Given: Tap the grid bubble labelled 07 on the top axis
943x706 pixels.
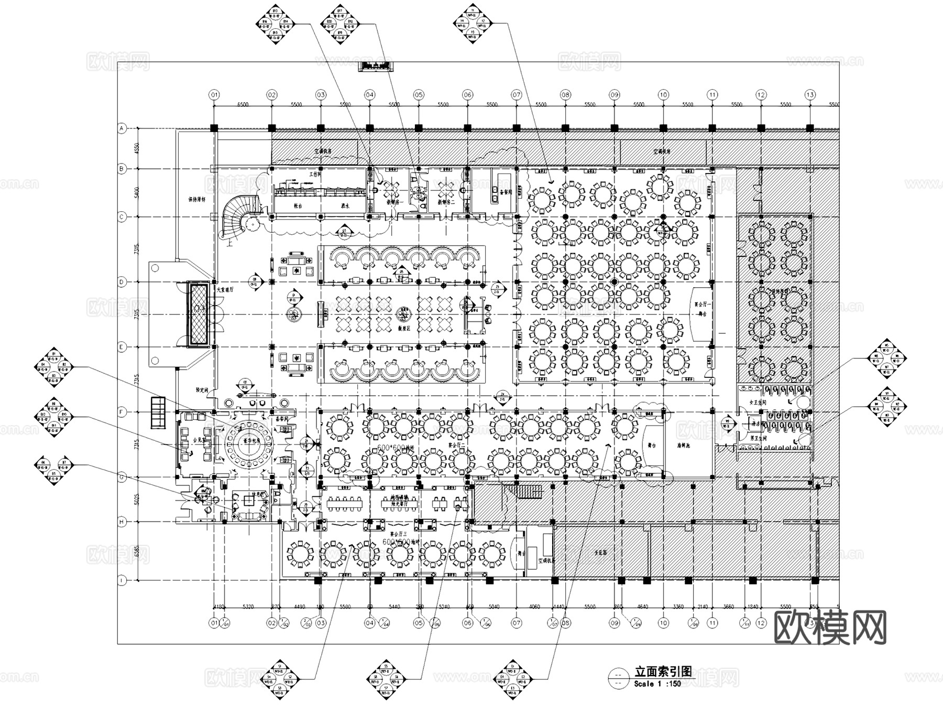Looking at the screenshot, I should pos(517,95).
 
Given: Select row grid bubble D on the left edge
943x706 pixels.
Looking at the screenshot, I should pos(122,282).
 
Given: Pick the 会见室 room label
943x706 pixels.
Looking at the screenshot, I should pos(184,440).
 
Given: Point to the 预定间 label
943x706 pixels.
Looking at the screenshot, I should pos(202,390).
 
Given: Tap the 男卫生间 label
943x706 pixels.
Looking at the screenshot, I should pos(753,438).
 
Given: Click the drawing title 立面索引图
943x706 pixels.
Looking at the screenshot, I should pos(663,671).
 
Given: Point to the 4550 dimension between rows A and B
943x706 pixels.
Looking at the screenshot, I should pos(136,148).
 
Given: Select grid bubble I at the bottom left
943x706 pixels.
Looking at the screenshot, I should pos(122,580).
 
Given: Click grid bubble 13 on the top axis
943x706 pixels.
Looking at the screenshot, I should pos(810,95).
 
